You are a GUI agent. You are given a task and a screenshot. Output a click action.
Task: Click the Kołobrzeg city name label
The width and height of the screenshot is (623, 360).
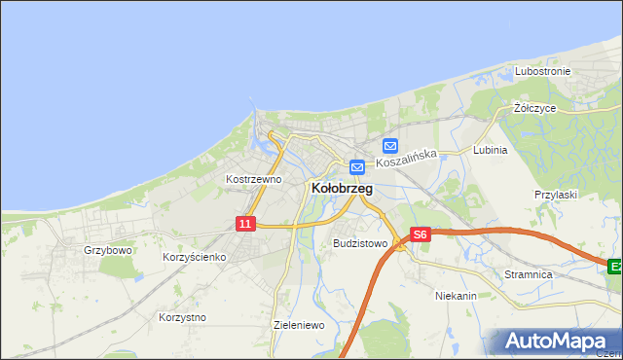pos(341,189)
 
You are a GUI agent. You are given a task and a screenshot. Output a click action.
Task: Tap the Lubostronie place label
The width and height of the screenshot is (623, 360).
pos(543,71)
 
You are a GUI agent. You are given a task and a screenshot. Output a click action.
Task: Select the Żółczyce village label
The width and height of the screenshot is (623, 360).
pos(534,108)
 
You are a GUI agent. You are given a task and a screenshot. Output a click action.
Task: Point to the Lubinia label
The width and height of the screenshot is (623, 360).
pos(490,150)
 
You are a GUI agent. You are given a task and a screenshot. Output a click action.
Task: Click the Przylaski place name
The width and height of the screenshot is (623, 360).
pos(556,195)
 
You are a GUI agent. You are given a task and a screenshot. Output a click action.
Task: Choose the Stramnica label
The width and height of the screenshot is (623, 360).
pos(529,274)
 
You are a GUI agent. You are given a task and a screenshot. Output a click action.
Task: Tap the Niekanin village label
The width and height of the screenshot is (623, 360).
pos(456,294)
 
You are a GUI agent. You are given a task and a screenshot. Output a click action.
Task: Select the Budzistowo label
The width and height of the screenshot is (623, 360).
pos(360,243)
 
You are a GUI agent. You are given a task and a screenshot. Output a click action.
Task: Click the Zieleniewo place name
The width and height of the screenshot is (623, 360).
pos(299,325)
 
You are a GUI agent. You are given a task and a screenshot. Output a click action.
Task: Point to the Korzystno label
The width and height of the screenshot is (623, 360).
pos(182,317)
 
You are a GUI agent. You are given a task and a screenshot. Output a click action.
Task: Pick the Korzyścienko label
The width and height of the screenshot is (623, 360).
pos(195,257)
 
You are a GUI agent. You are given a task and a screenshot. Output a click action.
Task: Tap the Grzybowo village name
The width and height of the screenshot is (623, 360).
pos(107,250)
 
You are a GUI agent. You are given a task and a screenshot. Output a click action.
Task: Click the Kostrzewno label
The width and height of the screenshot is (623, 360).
pos(253,179)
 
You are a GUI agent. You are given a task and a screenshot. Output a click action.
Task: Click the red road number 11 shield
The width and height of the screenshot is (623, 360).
pos(245,224)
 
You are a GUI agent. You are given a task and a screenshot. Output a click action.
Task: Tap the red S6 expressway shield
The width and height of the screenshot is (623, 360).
pos(420,234)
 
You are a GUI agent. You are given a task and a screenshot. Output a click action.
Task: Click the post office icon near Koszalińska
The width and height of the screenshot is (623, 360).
pos(390,146)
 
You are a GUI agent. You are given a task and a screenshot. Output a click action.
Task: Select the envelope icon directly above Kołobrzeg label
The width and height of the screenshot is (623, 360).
pos(357,166)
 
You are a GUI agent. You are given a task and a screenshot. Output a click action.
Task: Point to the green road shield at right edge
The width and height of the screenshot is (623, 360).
pos(615,266)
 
